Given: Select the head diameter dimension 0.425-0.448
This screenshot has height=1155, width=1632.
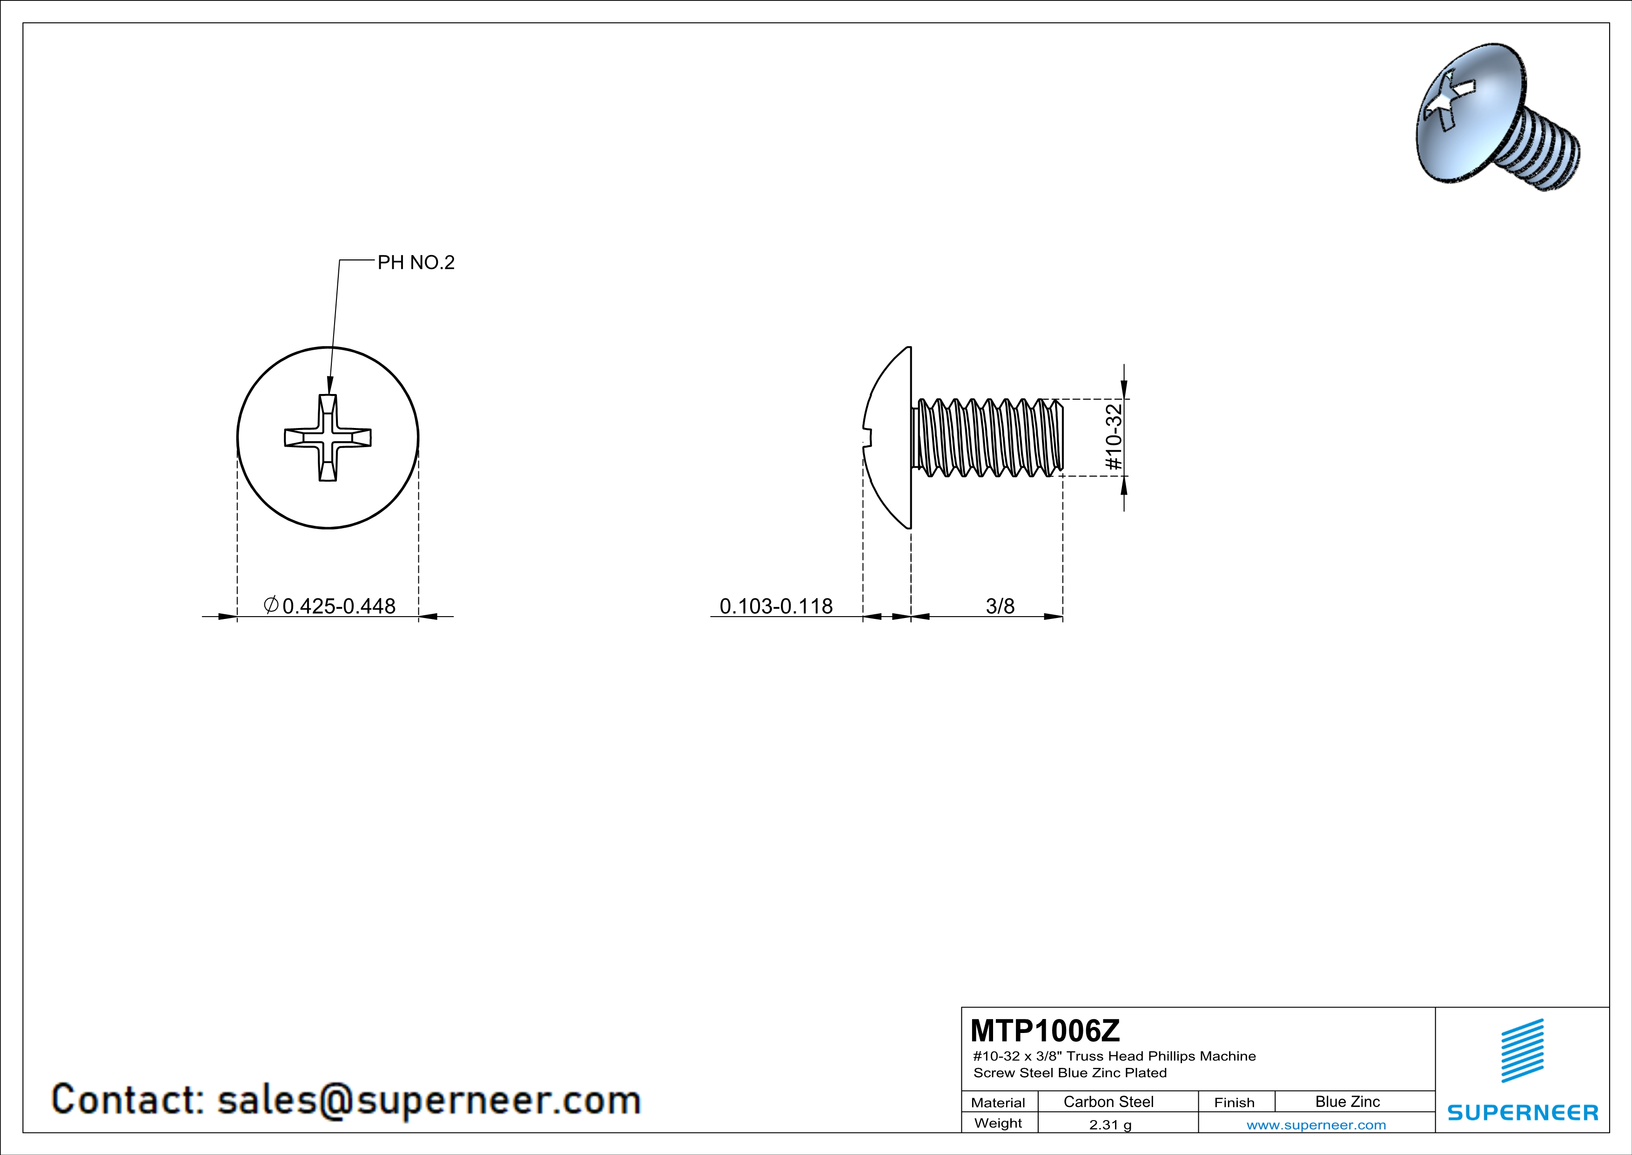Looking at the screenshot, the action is tap(339, 606).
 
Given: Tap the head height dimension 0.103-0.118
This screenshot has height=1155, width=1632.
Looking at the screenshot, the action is tap(776, 606).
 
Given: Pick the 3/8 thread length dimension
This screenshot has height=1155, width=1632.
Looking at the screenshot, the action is tap(1000, 606).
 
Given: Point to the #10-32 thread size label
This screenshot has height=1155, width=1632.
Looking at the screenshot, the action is tap(1114, 437).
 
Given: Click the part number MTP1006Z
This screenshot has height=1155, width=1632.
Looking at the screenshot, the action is tap(1045, 1030).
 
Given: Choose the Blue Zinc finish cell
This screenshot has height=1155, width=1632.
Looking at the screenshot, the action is tap(1348, 1101).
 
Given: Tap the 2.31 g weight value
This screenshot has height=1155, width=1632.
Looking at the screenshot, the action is tap(1110, 1124).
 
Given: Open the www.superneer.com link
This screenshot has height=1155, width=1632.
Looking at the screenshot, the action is tap(1316, 1124).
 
